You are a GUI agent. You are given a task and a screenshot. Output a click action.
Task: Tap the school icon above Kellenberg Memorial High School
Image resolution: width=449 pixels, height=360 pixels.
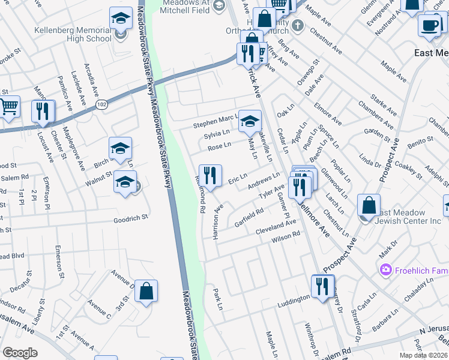coord(121,19)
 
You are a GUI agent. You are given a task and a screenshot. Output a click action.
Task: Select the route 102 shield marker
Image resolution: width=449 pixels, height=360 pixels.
coord(100,104)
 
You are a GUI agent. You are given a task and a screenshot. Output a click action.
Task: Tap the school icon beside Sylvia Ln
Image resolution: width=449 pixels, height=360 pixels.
coord(250,122)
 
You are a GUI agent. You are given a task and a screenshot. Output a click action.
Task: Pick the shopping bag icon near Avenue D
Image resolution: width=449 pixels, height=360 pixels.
coord(146,292)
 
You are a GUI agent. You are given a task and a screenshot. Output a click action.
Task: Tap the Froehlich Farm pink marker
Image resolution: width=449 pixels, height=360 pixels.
coord(384,270)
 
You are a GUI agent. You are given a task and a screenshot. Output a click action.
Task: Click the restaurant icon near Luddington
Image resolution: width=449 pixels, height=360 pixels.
coord(323,286)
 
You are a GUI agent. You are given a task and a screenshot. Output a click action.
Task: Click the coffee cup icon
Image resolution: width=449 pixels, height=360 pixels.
coord(429,25)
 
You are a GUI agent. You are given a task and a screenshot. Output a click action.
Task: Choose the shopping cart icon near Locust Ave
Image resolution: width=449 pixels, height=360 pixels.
coord(8,107)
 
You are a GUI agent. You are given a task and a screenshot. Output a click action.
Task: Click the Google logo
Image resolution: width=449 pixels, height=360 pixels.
coord(20,352)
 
